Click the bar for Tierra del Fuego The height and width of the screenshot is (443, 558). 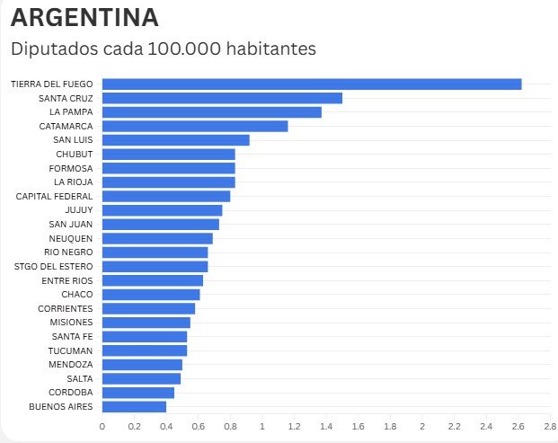(312, 84)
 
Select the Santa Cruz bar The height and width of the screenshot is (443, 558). (222, 98)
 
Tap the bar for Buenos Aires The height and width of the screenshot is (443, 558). (134, 407)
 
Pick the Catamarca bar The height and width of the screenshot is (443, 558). (195, 126)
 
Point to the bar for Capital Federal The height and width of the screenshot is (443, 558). (166, 196)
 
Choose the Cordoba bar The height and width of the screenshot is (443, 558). (138, 393)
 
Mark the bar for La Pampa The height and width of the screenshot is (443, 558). (212, 112)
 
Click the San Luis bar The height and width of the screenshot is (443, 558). (175, 140)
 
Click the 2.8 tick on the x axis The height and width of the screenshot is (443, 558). (550, 426)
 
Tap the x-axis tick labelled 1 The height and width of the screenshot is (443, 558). (262, 426)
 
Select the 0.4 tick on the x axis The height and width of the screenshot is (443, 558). (166, 426)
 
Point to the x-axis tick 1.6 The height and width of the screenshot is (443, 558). (358, 426)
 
